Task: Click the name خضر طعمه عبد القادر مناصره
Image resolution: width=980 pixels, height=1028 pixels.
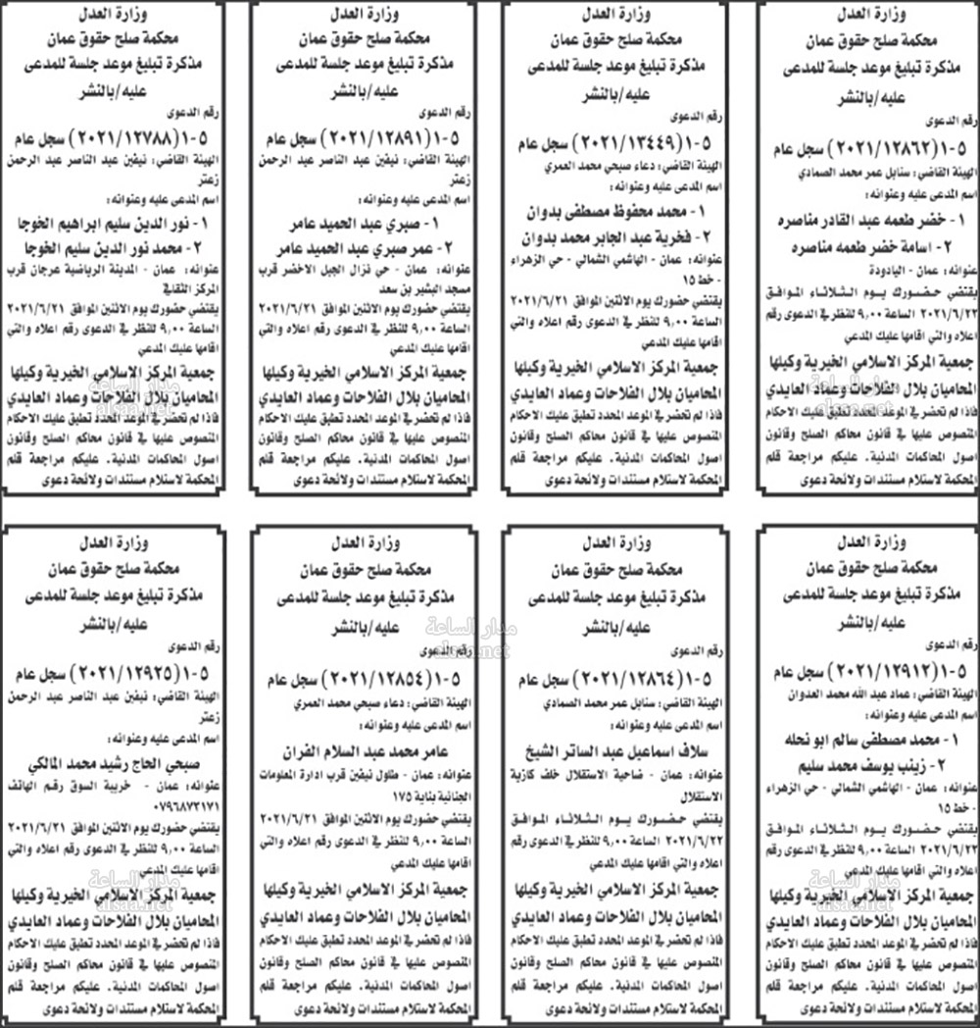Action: click(x=869, y=218)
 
